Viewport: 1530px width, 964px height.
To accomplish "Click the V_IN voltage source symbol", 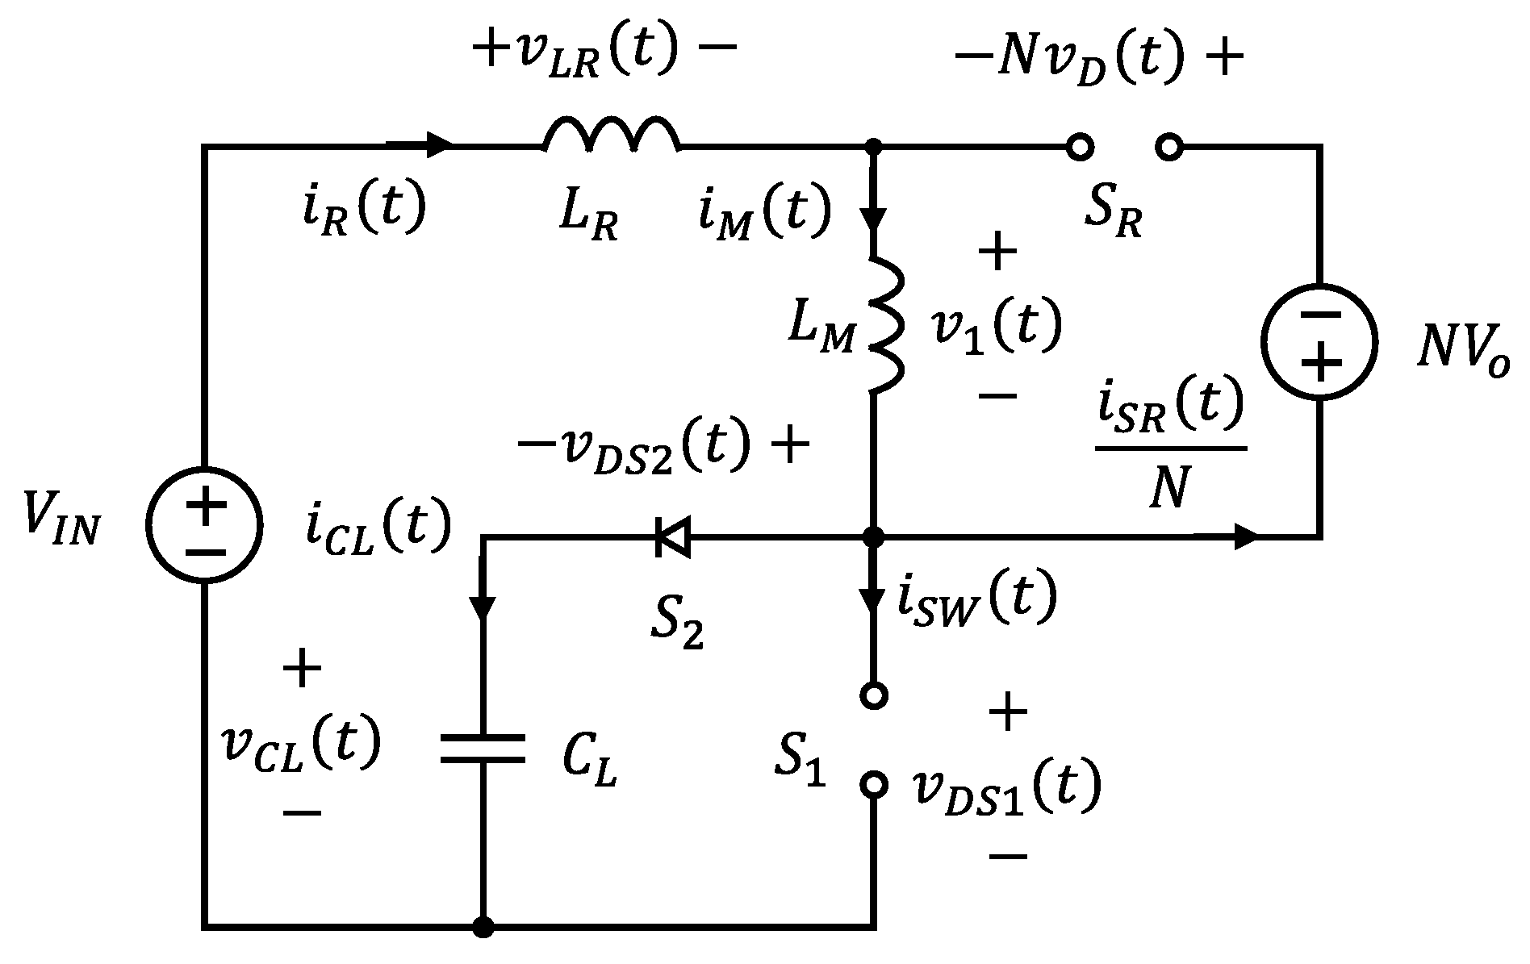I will click(x=205, y=525).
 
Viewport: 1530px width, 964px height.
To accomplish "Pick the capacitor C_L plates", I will click(x=483, y=748).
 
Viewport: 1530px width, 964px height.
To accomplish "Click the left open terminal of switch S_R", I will click(x=1078, y=147).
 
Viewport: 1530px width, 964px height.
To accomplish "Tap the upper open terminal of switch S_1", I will click(x=873, y=695).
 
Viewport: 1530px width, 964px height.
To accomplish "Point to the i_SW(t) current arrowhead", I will click(x=873, y=599).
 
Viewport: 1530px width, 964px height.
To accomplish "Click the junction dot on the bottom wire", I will click(x=483, y=927).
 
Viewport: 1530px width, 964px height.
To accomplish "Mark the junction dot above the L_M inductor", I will click(x=873, y=147).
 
